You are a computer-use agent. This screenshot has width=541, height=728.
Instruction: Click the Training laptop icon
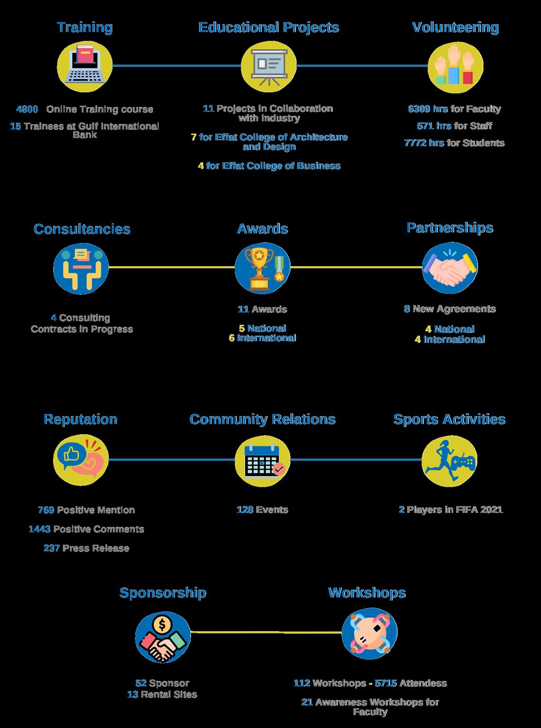(x=85, y=66)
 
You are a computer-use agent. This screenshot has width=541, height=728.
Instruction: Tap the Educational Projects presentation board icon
(x=268, y=66)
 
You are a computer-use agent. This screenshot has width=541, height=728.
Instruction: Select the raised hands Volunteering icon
(x=455, y=66)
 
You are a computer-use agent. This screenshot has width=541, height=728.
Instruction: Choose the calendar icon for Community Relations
(x=262, y=459)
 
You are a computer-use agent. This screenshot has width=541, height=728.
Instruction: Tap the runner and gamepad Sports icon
(x=449, y=460)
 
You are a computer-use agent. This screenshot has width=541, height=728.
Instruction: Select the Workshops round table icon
(x=369, y=633)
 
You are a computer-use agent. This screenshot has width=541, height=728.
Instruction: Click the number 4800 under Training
(x=27, y=109)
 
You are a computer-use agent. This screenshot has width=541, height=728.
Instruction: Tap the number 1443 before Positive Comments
(x=39, y=529)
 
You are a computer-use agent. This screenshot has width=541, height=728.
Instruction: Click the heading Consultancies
(x=82, y=229)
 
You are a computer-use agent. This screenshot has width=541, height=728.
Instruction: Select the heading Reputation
(x=81, y=419)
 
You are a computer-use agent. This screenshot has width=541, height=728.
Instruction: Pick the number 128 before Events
(x=245, y=510)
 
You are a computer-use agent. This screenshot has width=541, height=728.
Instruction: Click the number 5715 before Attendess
(x=385, y=683)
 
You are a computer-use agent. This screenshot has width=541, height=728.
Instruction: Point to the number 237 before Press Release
(x=52, y=548)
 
